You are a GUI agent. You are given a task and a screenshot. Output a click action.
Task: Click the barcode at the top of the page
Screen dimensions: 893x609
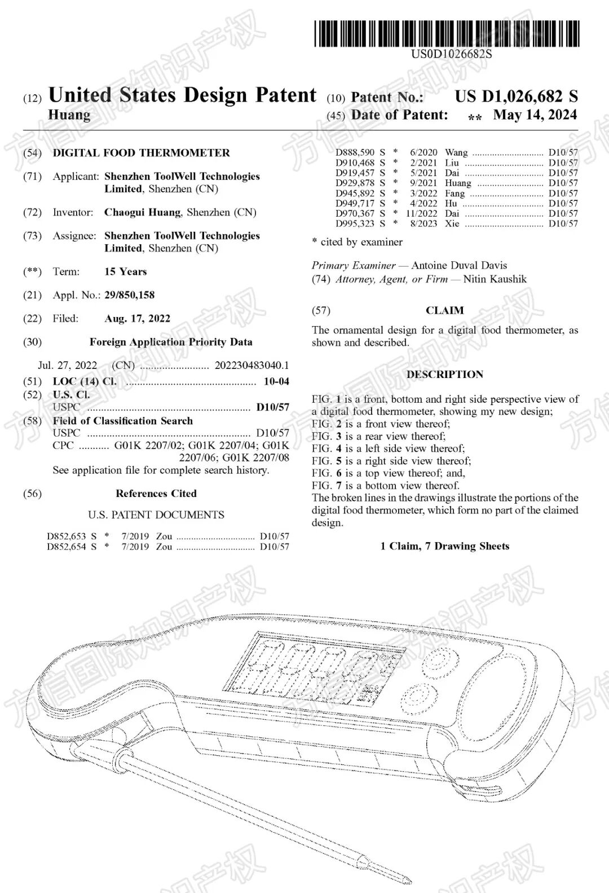[x=447, y=33]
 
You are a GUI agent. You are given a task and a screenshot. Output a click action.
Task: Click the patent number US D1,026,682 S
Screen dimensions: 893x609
[x=516, y=96]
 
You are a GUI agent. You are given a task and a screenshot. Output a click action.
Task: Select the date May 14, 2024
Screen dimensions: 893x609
[x=535, y=115]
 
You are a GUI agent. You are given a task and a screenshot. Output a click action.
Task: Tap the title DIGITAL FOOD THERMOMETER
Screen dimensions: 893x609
[x=141, y=153]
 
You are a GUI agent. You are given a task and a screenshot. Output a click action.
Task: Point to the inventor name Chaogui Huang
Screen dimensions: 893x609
[x=143, y=213]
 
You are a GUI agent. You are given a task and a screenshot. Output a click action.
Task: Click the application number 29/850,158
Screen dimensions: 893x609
[x=129, y=295]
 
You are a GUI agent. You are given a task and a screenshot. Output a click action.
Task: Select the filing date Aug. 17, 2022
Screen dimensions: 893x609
[x=137, y=319]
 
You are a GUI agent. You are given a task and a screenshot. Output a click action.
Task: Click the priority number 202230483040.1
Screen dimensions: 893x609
[x=251, y=366]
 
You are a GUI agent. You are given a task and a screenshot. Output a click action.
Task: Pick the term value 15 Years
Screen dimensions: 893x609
[x=125, y=272]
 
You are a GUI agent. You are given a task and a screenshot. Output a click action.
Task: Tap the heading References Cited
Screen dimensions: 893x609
[x=156, y=494]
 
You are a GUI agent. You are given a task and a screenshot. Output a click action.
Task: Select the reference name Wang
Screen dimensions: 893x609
[x=456, y=152]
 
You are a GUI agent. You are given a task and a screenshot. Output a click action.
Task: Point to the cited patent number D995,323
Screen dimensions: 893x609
[x=355, y=223]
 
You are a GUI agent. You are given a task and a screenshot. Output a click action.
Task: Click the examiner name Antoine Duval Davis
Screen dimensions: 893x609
[x=459, y=265]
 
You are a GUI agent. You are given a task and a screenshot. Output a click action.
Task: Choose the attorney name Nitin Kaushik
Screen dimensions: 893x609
[x=496, y=279]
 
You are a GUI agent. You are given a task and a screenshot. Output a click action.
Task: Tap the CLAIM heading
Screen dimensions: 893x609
[x=444, y=310]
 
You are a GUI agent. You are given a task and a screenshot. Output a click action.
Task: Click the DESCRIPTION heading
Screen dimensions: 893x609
[x=444, y=375]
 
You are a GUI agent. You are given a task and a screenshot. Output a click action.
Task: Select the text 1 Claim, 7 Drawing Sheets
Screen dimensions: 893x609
[x=444, y=546]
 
